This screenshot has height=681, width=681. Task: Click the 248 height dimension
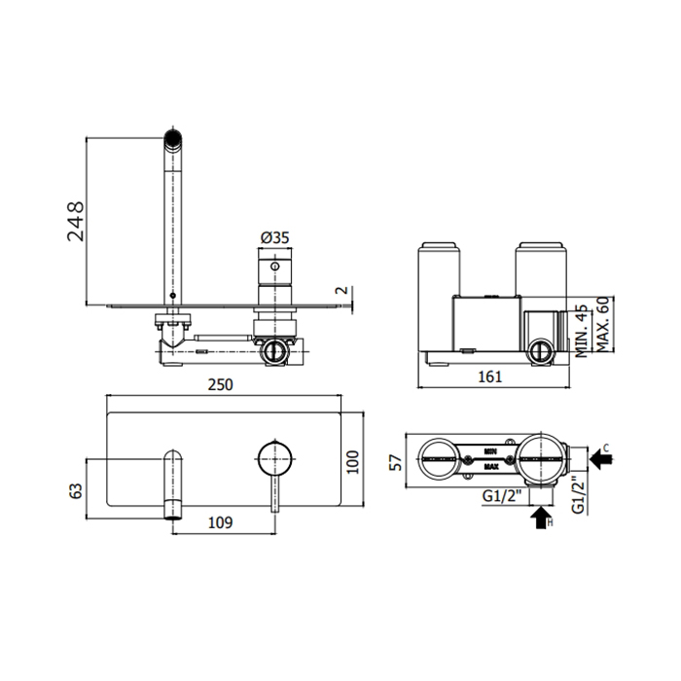pyautogui.click(x=76, y=221)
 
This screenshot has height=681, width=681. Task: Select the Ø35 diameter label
pyautogui.click(x=274, y=238)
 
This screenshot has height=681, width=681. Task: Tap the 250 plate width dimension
pyautogui.click(x=220, y=385)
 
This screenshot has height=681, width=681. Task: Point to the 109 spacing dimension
pyautogui.click(x=220, y=522)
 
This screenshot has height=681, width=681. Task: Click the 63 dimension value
pyautogui.click(x=76, y=490)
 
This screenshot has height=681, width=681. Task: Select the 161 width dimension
pyautogui.click(x=490, y=376)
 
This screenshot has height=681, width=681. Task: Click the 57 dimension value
pyautogui.click(x=396, y=462)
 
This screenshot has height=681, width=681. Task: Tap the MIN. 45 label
pyautogui.click(x=582, y=331)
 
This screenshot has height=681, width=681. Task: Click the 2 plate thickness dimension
pyautogui.click(x=343, y=290)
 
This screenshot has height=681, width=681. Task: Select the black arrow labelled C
pyautogui.click(x=601, y=458)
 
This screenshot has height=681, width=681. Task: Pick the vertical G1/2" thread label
pyautogui.click(x=580, y=495)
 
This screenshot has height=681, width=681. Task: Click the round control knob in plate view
pyautogui.click(x=275, y=458)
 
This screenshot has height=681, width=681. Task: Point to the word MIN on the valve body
pyautogui.click(x=490, y=451)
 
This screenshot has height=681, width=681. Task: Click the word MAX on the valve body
pyautogui.click(x=490, y=467)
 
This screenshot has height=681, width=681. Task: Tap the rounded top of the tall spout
pyautogui.click(x=172, y=138)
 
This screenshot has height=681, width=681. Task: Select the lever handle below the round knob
pyautogui.click(x=275, y=494)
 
